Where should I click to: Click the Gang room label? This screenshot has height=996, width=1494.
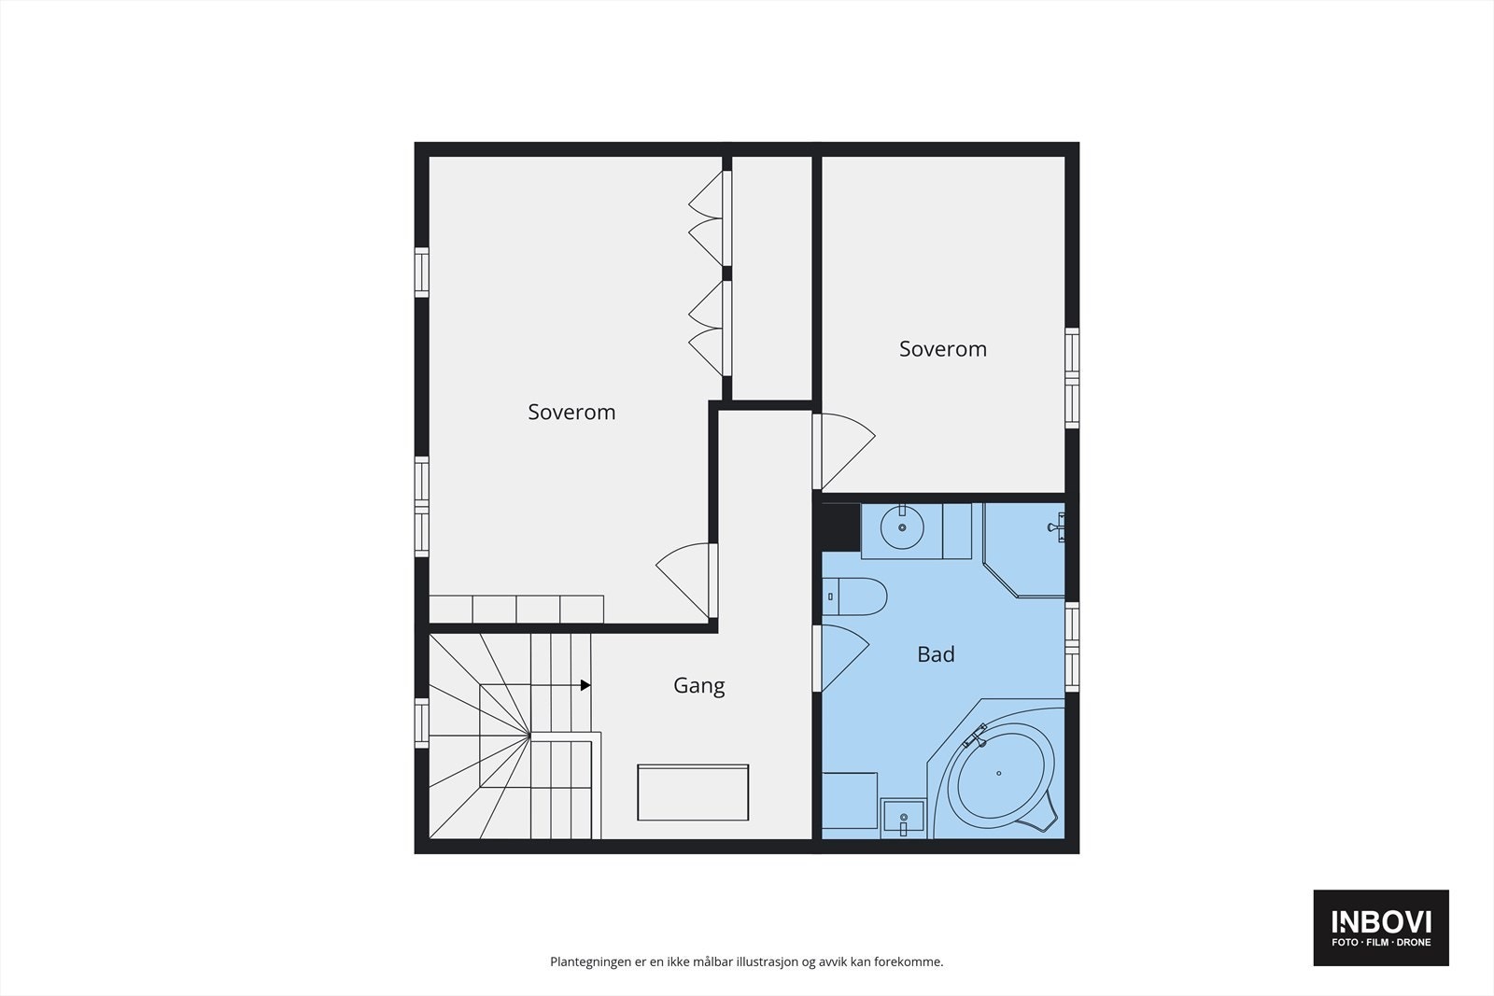pyautogui.click(x=698, y=685)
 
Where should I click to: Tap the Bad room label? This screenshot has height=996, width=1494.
pyautogui.click(x=936, y=654)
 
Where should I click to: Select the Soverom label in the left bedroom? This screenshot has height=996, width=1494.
pyautogui.click(x=571, y=412)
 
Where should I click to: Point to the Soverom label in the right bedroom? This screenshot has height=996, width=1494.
pyautogui.click(x=942, y=349)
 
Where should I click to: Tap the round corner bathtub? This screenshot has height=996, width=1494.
pyautogui.click(x=1000, y=774)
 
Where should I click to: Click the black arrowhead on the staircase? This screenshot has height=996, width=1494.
pyautogui.click(x=585, y=685)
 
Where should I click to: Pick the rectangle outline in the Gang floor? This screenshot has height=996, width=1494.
pyautogui.click(x=693, y=793)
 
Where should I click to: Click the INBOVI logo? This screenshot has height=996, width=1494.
pyautogui.click(x=1381, y=927)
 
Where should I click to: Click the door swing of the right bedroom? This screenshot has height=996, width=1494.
pyautogui.click(x=845, y=450)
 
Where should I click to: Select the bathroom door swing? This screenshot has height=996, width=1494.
pyautogui.click(x=843, y=657)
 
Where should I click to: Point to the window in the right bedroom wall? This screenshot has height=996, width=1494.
pyautogui.click(x=1072, y=378)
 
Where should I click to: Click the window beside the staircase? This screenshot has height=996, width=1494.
pyautogui.click(x=422, y=723)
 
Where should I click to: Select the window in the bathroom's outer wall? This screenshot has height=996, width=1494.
pyautogui.click(x=1072, y=647)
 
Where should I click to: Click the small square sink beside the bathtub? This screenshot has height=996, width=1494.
pyautogui.click(x=903, y=820)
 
